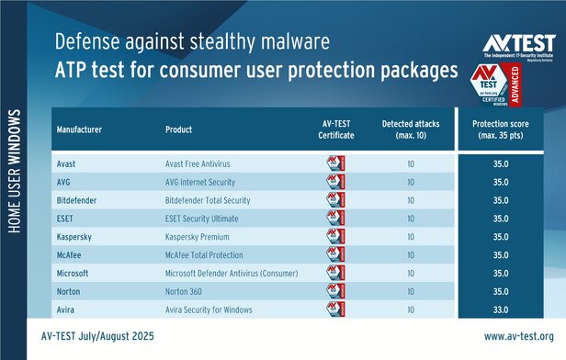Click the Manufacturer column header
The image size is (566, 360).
coord(80,129)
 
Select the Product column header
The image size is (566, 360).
coord(180,129)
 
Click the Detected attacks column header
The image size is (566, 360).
coord(410,129)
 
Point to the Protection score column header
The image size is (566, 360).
coord(504,129)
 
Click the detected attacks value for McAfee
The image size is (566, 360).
coord(410,254)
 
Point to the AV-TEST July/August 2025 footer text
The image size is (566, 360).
coord(105,336)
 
